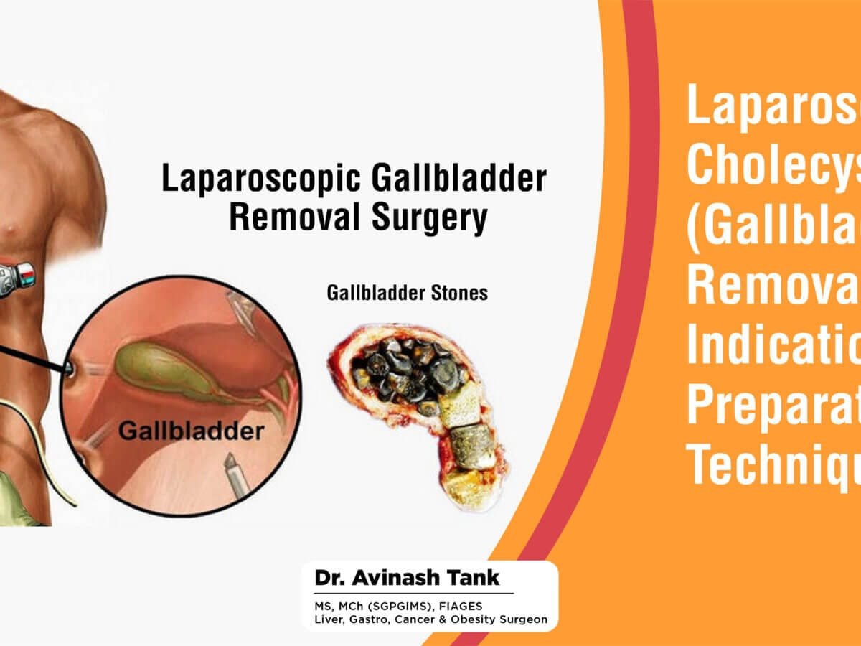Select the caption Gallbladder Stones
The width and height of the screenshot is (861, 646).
[407, 293]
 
